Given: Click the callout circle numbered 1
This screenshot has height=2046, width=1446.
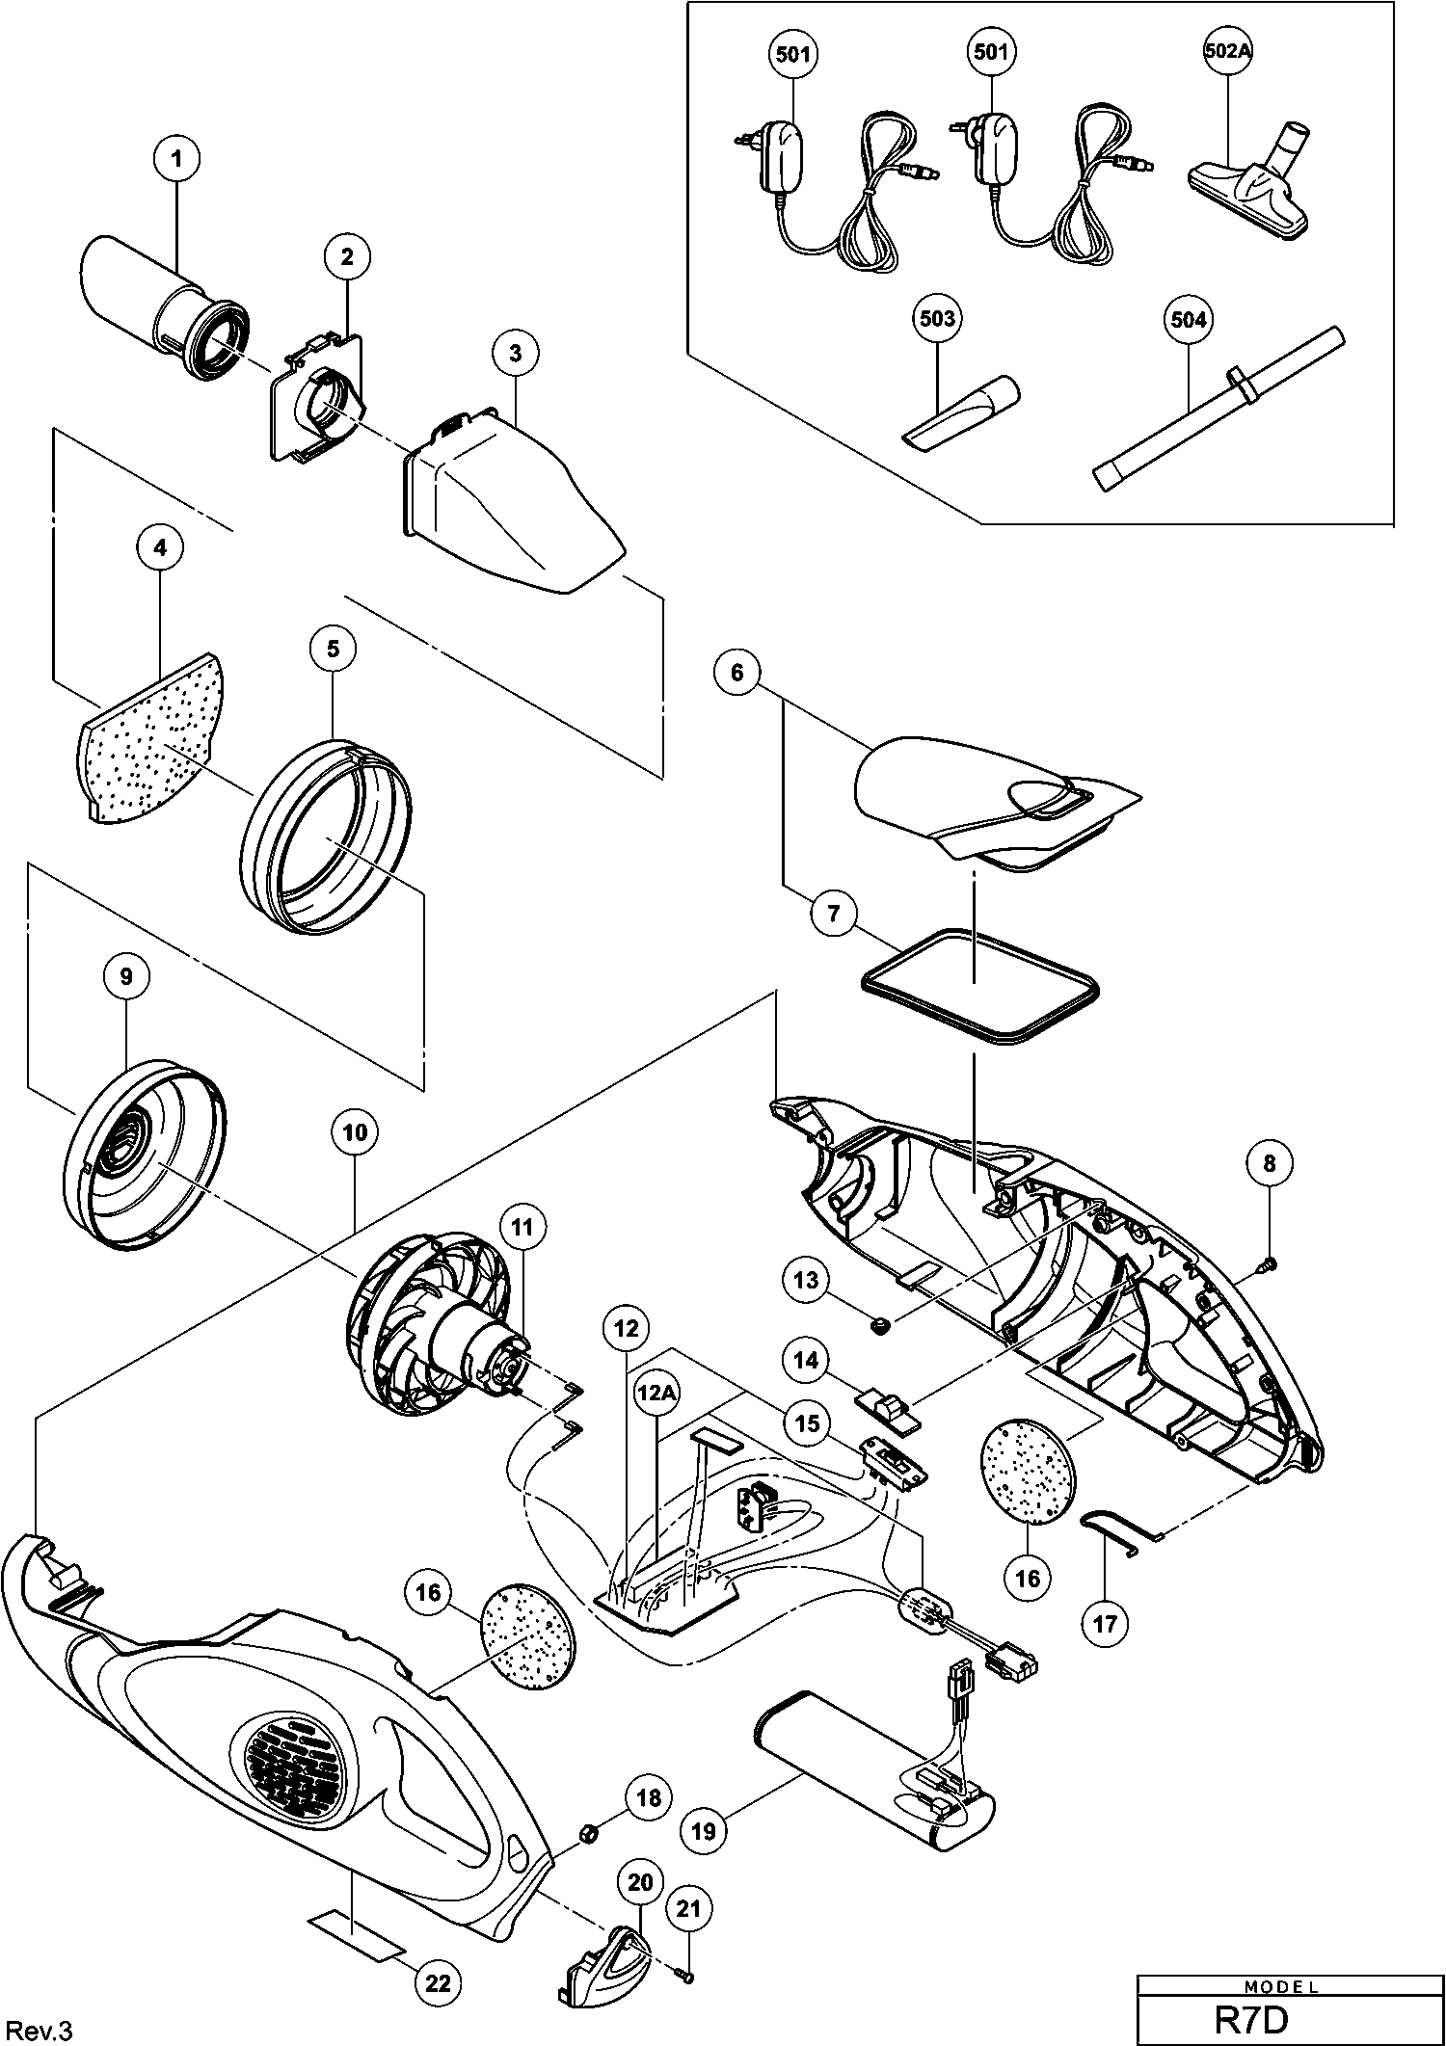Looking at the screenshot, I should [175, 159].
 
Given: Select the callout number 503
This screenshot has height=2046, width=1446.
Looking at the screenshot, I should [937, 318].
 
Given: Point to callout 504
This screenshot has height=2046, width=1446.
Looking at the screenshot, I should [1188, 319].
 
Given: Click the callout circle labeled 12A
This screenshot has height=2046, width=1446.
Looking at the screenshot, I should [658, 1393].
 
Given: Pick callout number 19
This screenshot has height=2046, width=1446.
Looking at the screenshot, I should [705, 1829].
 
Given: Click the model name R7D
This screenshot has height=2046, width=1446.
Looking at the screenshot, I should [1250, 2020].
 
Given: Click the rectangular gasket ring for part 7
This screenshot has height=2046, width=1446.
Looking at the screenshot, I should [979, 984].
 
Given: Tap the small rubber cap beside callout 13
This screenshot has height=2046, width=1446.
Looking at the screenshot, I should [878, 1327].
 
